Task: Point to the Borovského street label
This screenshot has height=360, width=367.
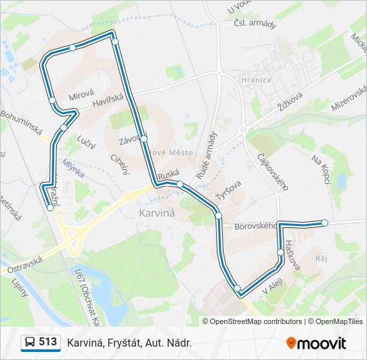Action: [x=255, y=227]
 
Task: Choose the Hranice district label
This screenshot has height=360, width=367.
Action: [x=257, y=80]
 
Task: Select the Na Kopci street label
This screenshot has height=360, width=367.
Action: [x=321, y=169]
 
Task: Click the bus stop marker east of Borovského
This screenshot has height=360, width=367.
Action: [x=325, y=223]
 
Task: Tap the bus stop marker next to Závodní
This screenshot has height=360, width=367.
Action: [x=143, y=139]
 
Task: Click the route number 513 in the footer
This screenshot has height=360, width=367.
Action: [x=47, y=342]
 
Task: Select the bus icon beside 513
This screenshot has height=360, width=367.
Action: [x=30, y=343]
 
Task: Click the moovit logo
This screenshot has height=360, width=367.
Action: [x=316, y=343]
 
